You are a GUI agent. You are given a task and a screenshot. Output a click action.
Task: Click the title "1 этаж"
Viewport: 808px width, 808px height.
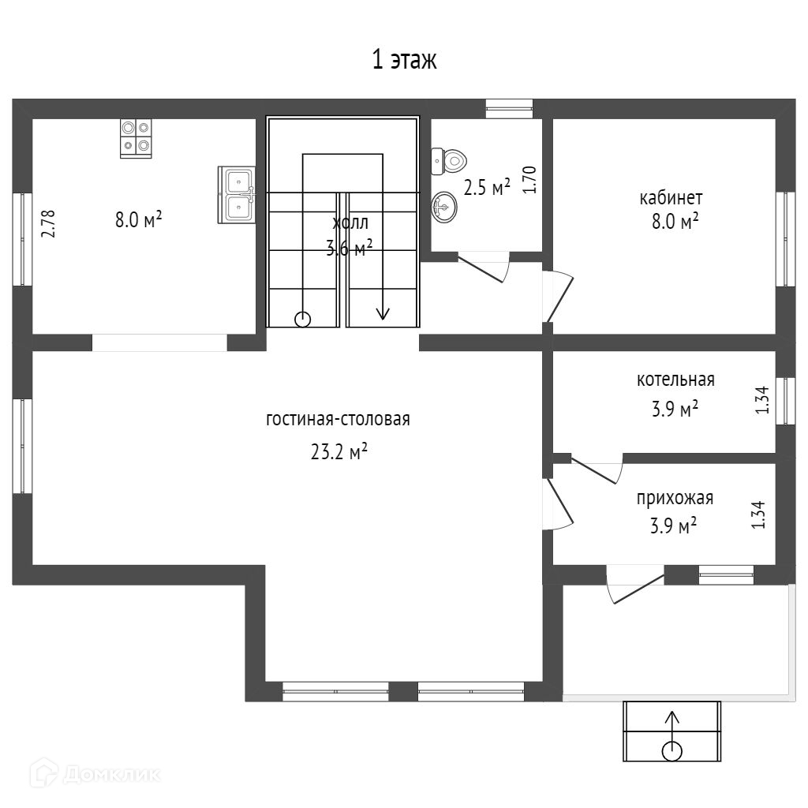(404, 60)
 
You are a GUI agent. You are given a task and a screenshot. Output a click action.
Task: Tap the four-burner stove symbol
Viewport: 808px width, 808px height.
(136, 137)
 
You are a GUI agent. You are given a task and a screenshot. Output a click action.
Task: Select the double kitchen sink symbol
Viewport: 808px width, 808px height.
(237, 194)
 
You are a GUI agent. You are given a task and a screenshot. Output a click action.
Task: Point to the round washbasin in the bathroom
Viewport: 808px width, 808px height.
(443, 208)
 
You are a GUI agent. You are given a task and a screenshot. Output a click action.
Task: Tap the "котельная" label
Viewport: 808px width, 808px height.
(675, 380)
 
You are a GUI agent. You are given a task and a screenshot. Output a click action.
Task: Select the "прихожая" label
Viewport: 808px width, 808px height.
(675, 498)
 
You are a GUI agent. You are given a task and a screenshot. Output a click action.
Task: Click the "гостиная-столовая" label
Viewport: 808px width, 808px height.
(338, 419)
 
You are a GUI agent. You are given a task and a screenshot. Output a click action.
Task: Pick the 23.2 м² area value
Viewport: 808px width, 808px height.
(340, 452)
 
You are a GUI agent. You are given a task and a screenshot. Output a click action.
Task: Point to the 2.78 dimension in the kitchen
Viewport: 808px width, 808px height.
(49, 223)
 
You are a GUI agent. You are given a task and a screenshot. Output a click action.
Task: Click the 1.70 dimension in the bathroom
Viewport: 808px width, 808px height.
(530, 180)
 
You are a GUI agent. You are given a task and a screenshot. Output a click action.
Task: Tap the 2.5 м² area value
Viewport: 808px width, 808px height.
(487, 188)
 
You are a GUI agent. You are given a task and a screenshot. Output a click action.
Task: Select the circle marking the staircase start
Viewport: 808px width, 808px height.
(302, 319)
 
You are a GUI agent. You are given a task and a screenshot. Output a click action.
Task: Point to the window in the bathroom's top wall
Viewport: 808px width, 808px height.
(509, 107)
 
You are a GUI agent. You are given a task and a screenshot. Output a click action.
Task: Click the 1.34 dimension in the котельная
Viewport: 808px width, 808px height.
(762, 400)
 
